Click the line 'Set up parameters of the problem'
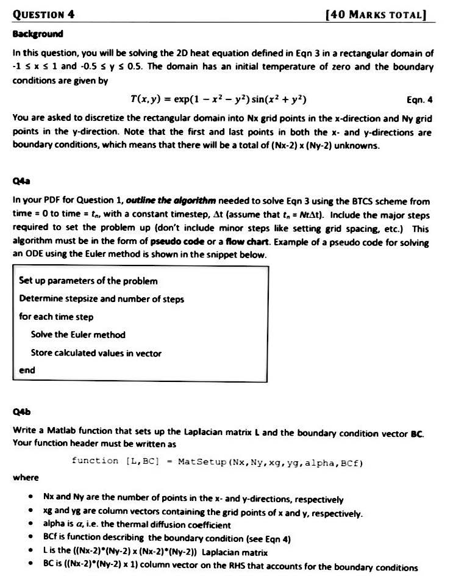tap(88, 281)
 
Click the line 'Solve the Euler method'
tap(78, 334)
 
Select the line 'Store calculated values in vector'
tap(96, 353)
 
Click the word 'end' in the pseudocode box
tap(27, 370)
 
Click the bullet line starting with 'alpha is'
tap(137, 524)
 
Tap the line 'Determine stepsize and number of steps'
tap(102, 299)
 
